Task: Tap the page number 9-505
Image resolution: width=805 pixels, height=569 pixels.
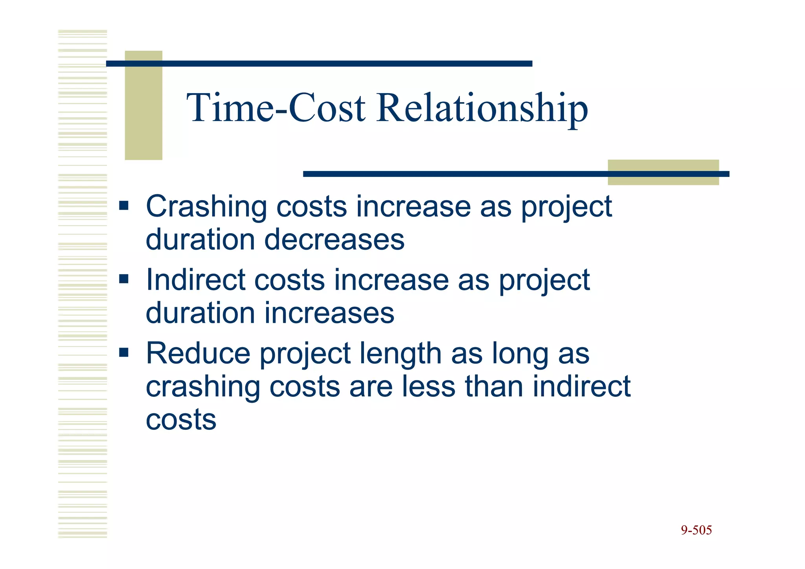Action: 696,530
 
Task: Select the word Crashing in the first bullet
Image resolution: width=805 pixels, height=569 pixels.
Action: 206,206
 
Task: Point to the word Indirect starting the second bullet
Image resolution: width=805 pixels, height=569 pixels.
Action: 195,280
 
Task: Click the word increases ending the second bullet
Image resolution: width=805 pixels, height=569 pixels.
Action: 329,313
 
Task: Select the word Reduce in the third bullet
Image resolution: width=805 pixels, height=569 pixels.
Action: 198,353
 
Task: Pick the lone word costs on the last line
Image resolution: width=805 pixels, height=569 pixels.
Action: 181,420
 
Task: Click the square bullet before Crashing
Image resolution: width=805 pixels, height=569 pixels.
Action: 124,206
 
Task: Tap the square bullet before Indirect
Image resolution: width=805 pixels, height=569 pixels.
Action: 124,279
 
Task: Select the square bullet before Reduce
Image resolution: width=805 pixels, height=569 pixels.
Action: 124,352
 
